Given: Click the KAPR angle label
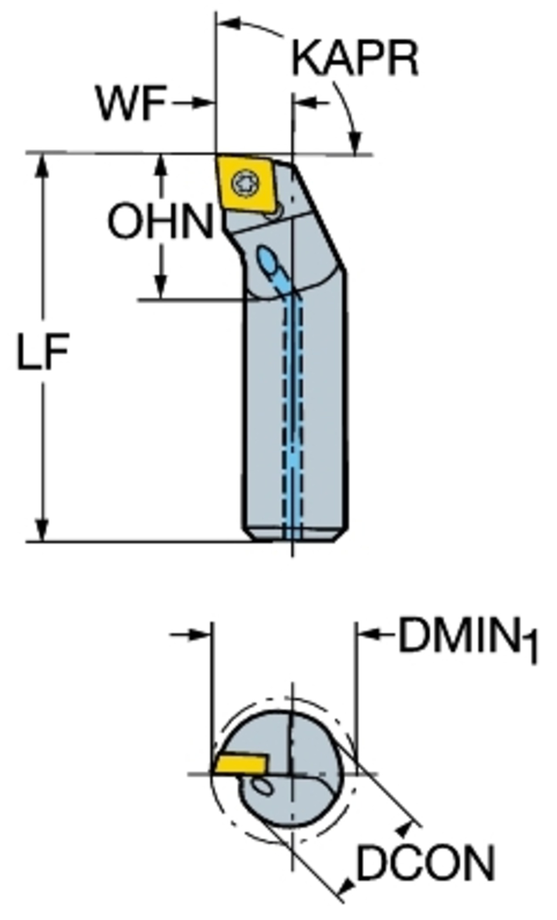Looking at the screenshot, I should pos(355,58).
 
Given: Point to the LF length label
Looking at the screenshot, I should pos(43,352).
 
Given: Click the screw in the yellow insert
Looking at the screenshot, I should pos(245,184).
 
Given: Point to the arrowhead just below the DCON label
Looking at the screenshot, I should pos(348,883).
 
